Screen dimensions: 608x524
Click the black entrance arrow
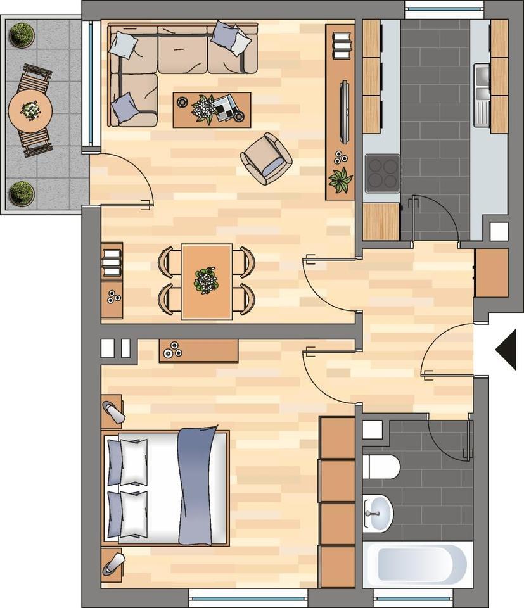point(508,348)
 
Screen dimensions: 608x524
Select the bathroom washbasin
point(378,511)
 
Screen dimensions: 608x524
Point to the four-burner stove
point(382,171)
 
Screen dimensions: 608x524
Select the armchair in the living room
point(266,158)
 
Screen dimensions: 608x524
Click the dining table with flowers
point(207,281)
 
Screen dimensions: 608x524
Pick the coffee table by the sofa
point(212,110)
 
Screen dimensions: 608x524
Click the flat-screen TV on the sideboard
point(344,111)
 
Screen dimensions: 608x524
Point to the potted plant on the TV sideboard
point(340,180)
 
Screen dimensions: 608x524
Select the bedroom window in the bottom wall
point(248,596)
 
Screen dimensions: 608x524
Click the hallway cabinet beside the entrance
point(491,273)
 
